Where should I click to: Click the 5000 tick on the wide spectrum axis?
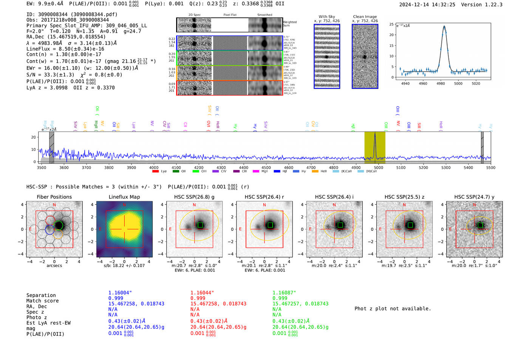click(x=378, y=167)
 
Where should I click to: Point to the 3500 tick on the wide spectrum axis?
click(x=42, y=167)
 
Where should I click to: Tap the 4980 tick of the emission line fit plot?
click(x=441, y=83)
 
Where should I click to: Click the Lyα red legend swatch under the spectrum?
click(x=155, y=171)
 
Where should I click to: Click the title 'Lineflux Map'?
click(x=124, y=197)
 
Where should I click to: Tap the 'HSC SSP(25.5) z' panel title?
click(x=404, y=197)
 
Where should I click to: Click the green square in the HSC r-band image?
click(x=270, y=225)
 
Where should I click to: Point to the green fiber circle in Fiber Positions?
click(x=59, y=226)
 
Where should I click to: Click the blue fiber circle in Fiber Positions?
click(x=49, y=229)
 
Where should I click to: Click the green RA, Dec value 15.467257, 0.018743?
click(x=300, y=304)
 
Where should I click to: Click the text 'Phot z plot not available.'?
click(x=393, y=309)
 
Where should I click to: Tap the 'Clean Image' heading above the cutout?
click(x=365, y=17)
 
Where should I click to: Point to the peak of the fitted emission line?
click(x=444, y=26)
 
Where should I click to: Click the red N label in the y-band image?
click(x=474, y=205)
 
